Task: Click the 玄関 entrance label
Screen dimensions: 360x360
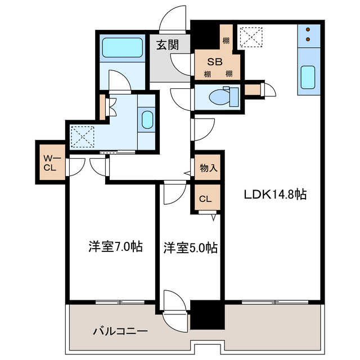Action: [x=168, y=44]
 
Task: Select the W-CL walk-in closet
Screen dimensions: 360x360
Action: [x=50, y=162]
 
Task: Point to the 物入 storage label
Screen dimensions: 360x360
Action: [x=209, y=167]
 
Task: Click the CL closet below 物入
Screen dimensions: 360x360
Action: [x=206, y=199]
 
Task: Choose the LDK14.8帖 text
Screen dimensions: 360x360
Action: [x=274, y=195]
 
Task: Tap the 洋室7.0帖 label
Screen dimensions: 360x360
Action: [x=115, y=246]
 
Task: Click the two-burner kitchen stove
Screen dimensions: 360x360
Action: [x=308, y=35]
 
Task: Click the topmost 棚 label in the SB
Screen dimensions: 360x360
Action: [x=226, y=40]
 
